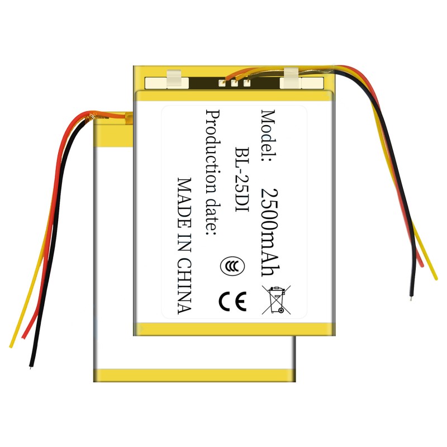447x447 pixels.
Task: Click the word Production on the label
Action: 212,142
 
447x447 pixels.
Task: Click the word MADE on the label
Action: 184,198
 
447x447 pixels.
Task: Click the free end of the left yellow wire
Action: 11,345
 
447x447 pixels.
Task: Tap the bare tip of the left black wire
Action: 30,367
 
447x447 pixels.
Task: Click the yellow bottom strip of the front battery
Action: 235,329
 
